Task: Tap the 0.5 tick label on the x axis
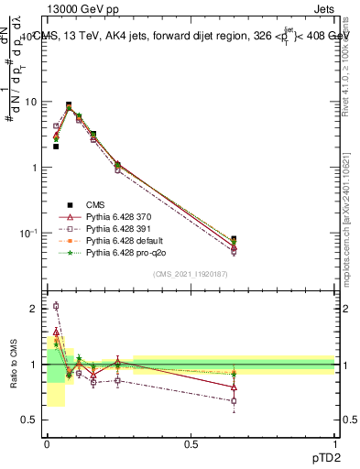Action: pyautogui.click(x=191, y=443)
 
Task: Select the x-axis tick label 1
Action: pyautogui.click(x=334, y=443)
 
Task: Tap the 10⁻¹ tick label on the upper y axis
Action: pyautogui.click(x=28, y=233)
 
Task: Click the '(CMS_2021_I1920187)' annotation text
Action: pyautogui.click(x=191, y=275)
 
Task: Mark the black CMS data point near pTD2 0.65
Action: pyautogui.click(x=234, y=239)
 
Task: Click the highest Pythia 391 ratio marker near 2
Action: pyautogui.click(x=56, y=306)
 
